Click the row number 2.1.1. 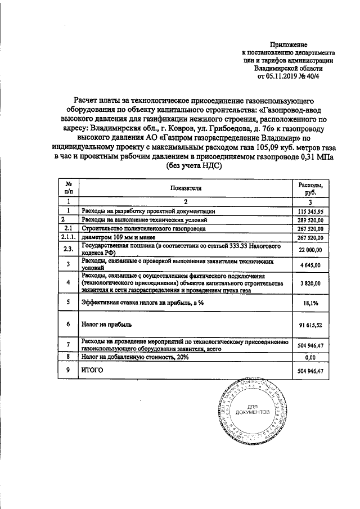[68, 238]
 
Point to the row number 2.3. [68, 250]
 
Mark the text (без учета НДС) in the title [195, 166]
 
